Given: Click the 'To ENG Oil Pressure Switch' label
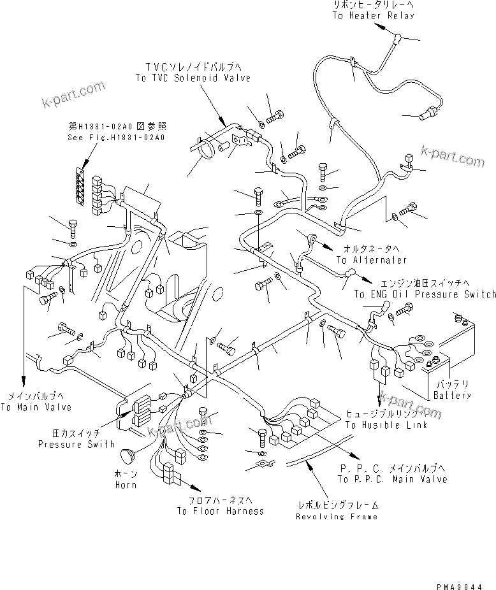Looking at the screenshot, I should coord(425,294).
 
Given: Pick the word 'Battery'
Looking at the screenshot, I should coord(453,395).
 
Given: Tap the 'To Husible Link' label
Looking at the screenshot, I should coord(386,425).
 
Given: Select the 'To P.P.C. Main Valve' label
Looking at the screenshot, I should coord(393,479).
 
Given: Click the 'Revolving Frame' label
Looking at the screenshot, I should coord(337,516).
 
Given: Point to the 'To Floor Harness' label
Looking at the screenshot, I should coord(221,511).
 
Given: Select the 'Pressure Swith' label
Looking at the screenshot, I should coord(76,444).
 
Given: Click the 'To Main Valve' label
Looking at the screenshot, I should coord(36,407).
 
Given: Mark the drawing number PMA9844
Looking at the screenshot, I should coord(470,581).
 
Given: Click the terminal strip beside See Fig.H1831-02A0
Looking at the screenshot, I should coord(80,189).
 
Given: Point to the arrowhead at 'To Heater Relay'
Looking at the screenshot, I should coord(380,27).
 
